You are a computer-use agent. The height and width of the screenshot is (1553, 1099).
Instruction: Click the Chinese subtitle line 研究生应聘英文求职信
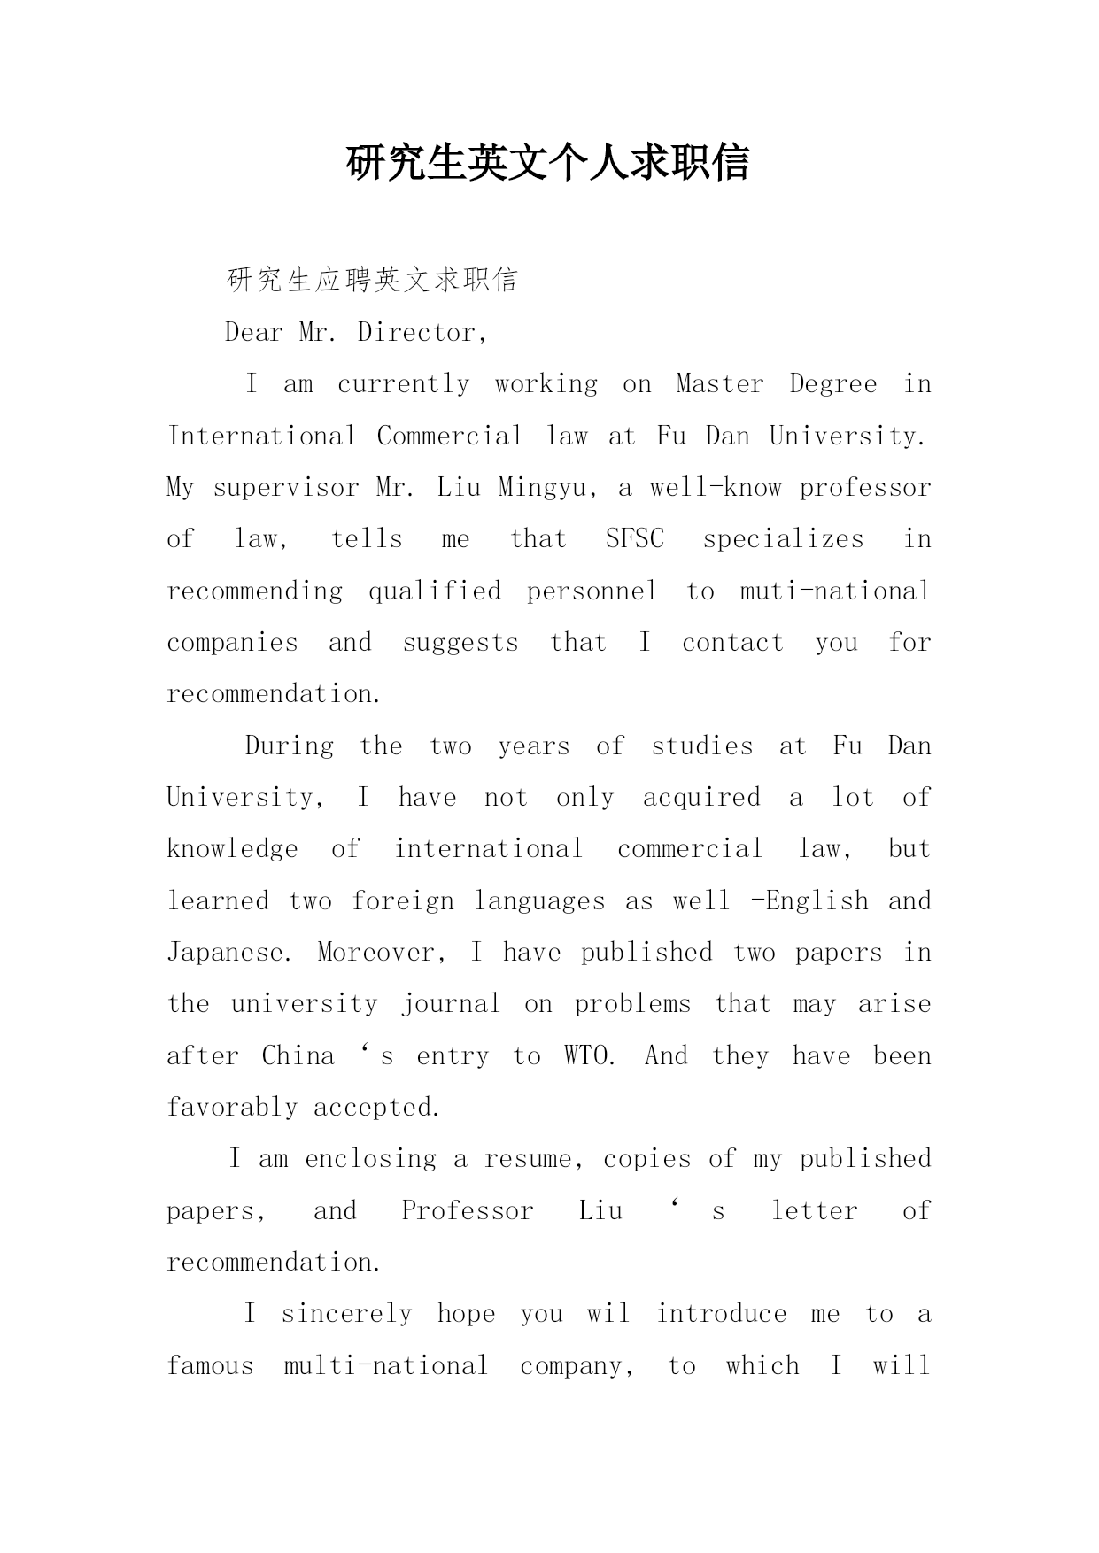coord(372,280)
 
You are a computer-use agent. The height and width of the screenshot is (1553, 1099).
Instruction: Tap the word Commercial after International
coord(449,436)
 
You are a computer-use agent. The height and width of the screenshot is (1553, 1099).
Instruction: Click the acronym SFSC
coord(634,539)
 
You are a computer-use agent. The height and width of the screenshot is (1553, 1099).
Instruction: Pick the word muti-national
coord(834,591)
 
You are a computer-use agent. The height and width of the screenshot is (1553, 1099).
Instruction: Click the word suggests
coord(460,643)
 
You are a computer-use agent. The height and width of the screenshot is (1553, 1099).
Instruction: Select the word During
coord(290,746)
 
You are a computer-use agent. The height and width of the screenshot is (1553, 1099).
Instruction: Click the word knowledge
coord(232,849)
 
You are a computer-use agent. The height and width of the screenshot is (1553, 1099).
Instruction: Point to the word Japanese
coord(226,953)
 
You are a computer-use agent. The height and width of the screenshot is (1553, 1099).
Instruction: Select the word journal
coord(450,1004)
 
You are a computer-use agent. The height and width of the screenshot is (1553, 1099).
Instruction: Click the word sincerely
coord(346,1314)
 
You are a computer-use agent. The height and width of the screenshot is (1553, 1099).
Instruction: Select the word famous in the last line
coord(210,1366)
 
